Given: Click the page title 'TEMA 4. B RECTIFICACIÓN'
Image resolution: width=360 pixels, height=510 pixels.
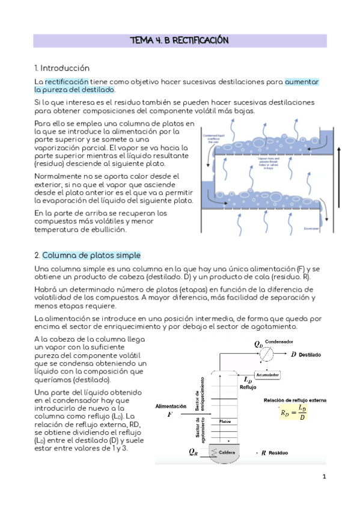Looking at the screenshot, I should pyautogui.click(x=180, y=41).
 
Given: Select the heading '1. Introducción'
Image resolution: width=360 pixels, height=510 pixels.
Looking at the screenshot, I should pyautogui.click(x=62, y=68).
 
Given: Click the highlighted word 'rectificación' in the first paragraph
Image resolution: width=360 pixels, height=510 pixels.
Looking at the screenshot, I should pyautogui.click(x=67, y=81).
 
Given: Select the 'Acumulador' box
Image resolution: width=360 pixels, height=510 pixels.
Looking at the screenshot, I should pyautogui.click(x=269, y=374).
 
